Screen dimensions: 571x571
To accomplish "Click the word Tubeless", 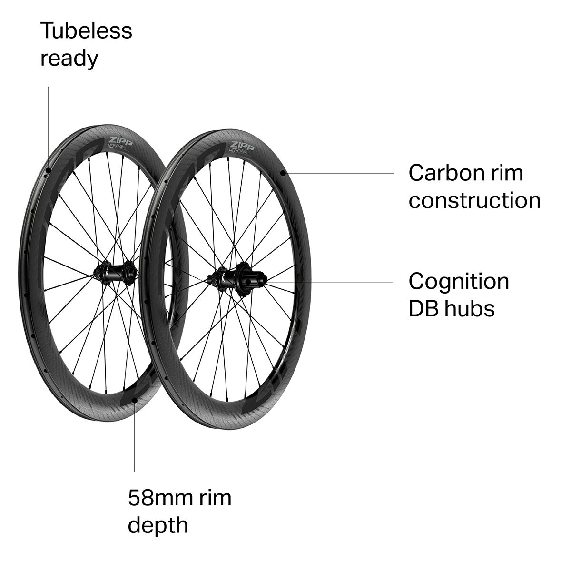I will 86,30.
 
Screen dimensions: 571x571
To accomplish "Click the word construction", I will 474,200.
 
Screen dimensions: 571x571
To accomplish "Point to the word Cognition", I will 459,282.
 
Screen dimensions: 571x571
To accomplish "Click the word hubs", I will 470,309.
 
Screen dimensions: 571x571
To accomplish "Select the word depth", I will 158,526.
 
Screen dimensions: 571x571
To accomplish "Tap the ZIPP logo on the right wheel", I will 241,145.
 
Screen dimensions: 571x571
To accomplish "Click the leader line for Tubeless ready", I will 49,128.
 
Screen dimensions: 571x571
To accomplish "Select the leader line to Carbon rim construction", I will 340,173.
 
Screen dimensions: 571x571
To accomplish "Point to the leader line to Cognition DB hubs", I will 333,282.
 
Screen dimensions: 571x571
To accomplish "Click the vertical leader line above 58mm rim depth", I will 135,438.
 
